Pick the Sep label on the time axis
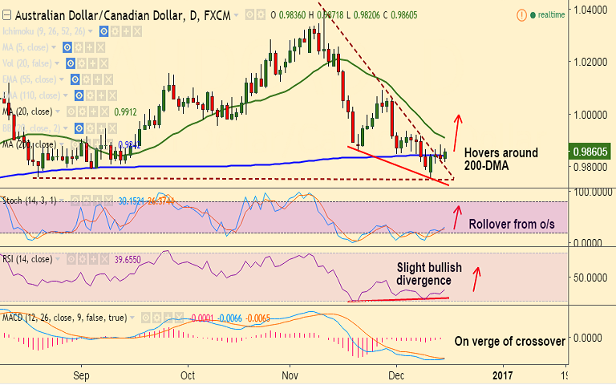[81, 375]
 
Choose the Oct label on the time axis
[188, 375]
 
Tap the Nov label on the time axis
[291, 375]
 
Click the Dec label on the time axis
[395, 375]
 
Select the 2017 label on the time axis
[503, 375]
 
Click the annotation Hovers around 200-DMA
[501, 159]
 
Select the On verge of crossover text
[509, 341]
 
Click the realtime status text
[550, 14]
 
